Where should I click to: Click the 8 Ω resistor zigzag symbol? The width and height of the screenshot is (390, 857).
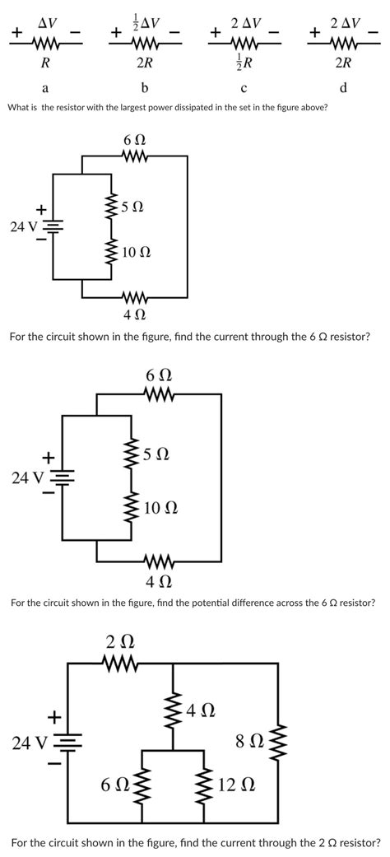[x=278, y=742]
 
